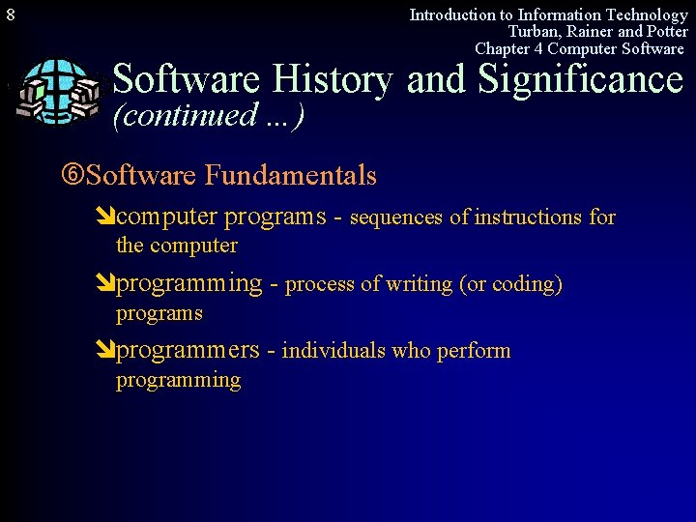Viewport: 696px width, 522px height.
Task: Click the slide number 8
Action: pos(10,15)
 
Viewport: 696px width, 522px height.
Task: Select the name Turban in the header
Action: pos(535,31)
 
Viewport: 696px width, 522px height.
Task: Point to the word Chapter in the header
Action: pos(503,48)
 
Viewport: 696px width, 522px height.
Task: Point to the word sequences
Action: pos(396,217)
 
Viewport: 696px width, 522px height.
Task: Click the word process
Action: pos(320,284)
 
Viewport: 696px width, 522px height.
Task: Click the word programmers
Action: pos(188,351)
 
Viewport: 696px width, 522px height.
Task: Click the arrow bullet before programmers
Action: pos(106,351)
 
